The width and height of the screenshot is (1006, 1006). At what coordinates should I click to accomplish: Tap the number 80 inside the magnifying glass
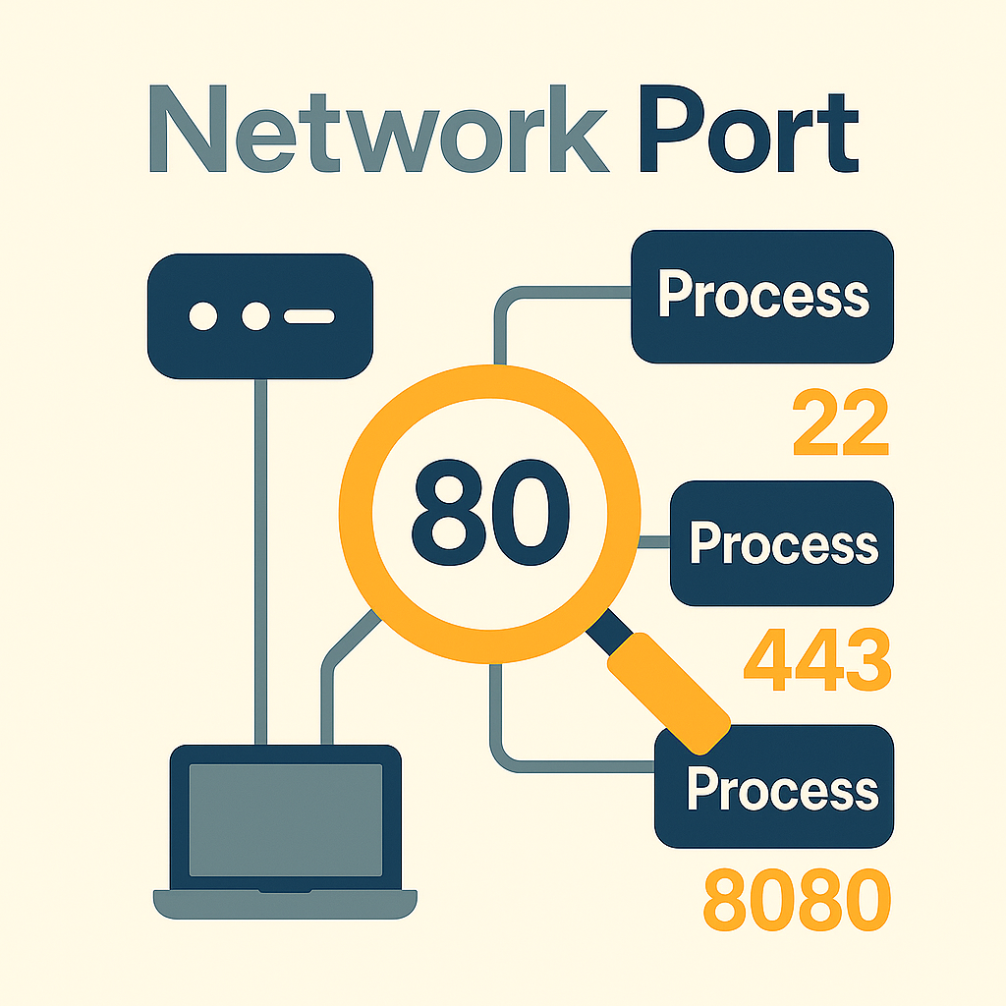[x=489, y=509]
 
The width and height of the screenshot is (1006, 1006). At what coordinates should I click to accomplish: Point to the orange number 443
[x=816, y=659]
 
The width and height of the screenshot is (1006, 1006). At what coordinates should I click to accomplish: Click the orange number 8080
[x=797, y=901]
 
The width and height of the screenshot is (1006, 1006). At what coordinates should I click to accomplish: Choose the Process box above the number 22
[x=762, y=296]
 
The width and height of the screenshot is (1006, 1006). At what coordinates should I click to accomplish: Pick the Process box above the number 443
[x=782, y=542]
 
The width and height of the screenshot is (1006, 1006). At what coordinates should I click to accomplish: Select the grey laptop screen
[x=286, y=819]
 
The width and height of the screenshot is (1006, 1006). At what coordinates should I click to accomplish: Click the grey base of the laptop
[x=285, y=903]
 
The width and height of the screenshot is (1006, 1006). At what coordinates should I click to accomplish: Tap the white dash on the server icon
[x=309, y=316]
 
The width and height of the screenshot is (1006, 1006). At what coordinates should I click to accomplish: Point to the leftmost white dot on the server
[x=203, y=316]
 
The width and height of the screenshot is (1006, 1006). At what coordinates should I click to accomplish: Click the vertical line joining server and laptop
[x=260, y=560]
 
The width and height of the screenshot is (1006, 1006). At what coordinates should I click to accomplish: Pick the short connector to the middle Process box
[x=654, y=542]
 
